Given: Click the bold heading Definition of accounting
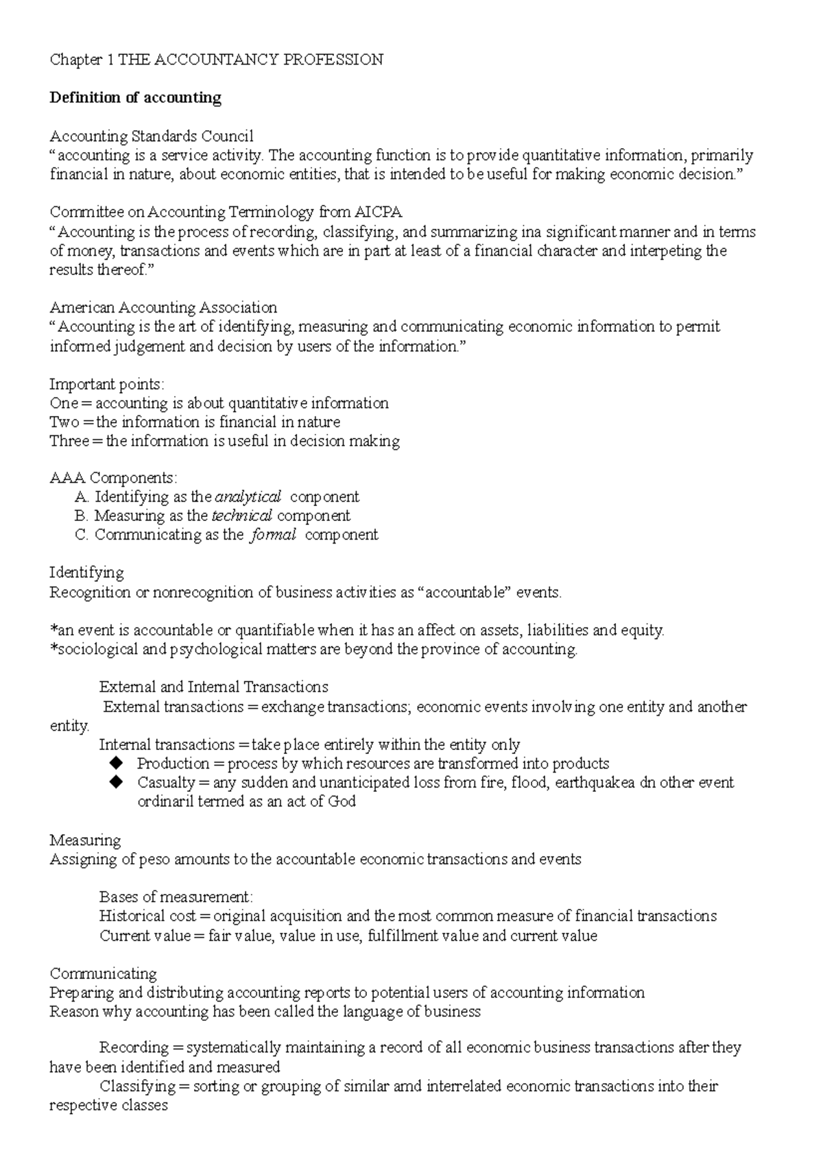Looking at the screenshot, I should [135, 98].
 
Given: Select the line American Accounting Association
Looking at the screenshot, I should [163, 307].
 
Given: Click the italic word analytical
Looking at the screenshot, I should [248, 496].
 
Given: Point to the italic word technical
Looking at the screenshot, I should [242, 516].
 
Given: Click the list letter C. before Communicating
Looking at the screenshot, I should [82, 535].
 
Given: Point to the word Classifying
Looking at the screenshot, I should [137, 1087].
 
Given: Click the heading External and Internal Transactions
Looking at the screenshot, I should [213, 687].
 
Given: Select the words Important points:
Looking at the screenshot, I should [107, 384].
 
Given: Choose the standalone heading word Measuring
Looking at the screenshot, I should [85, 840].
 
